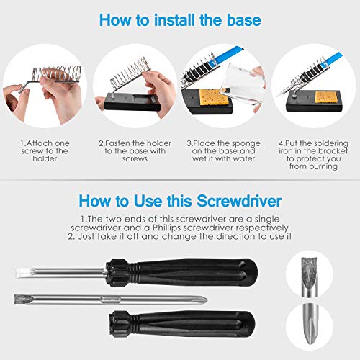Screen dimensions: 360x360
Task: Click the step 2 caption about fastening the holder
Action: coord(135,152)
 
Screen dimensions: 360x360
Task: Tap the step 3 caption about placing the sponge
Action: coord(225,152)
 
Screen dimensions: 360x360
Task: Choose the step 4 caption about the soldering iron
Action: coord(314,157)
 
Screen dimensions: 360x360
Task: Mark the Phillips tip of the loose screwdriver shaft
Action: coord(200,297)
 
